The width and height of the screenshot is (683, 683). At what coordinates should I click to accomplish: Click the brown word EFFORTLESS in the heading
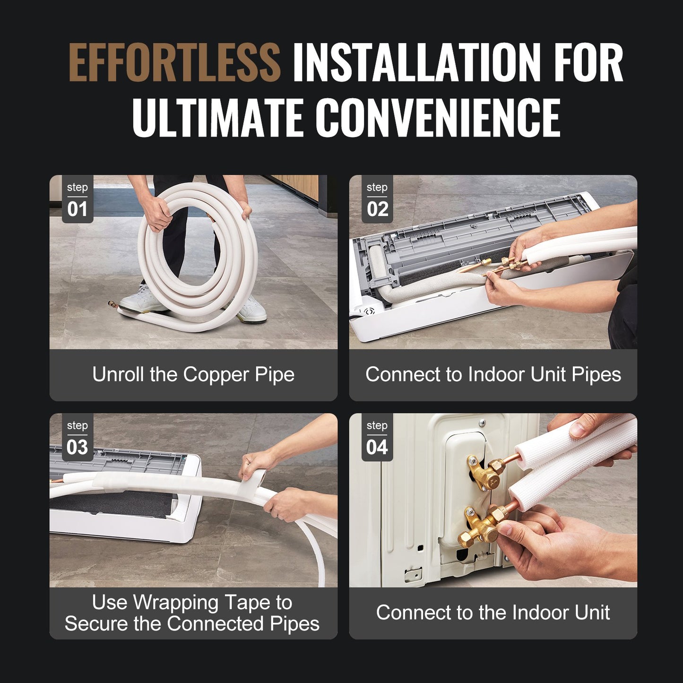tap(174, 62)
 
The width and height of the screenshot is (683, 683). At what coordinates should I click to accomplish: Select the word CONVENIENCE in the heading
tap(438, 118)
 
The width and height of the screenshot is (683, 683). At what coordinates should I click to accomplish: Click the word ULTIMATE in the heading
tap(218, 118)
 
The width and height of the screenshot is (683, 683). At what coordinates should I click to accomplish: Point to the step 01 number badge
tap(78, 199)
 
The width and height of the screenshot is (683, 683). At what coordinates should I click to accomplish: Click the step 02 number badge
tap(377, 199)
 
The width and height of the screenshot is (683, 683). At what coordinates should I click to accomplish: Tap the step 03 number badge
tap(78, 437)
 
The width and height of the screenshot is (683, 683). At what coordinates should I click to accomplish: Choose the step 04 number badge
tap(377, 437)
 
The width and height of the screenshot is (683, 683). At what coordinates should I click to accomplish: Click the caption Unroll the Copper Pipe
tap(193, 374)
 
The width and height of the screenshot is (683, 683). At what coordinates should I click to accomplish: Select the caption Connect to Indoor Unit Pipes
tap(493, 374)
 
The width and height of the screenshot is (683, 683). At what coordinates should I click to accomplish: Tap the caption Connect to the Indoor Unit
tap(493, 613)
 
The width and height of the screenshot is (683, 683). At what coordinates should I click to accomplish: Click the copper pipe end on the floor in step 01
tap(112, 304)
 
